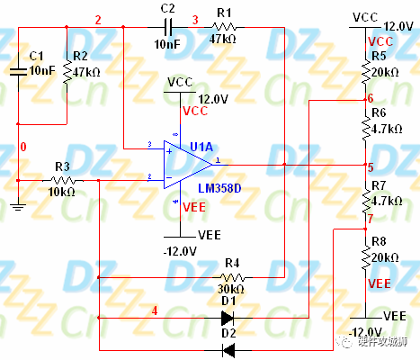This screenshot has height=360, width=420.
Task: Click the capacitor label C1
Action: pos(36,56)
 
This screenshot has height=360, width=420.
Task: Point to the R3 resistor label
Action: pos(62,166)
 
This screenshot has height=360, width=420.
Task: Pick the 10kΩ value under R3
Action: pos(62,193)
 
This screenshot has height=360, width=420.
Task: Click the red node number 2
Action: pos(98,20)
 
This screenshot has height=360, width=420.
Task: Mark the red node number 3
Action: pos(195,20)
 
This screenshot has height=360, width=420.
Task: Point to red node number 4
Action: pos(154,310)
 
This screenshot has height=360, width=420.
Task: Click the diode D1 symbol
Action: pos(228,317)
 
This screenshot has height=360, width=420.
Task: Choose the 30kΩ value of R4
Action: pos(231,289)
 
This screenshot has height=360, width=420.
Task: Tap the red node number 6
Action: pos(370,97)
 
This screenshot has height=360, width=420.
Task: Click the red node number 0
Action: pos(23,146)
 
